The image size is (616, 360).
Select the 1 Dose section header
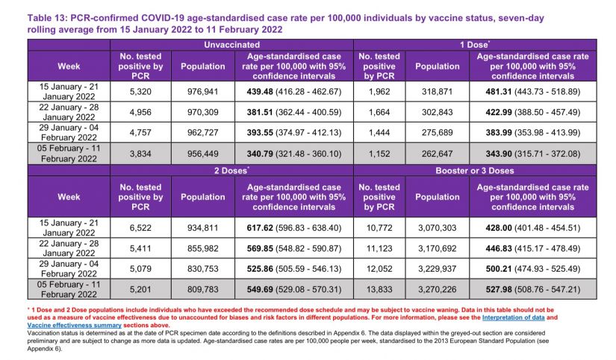(473, 45)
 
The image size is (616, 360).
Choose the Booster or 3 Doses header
(473, 170)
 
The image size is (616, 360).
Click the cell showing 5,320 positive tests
(137, 91)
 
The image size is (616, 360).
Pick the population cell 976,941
(202, 91)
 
